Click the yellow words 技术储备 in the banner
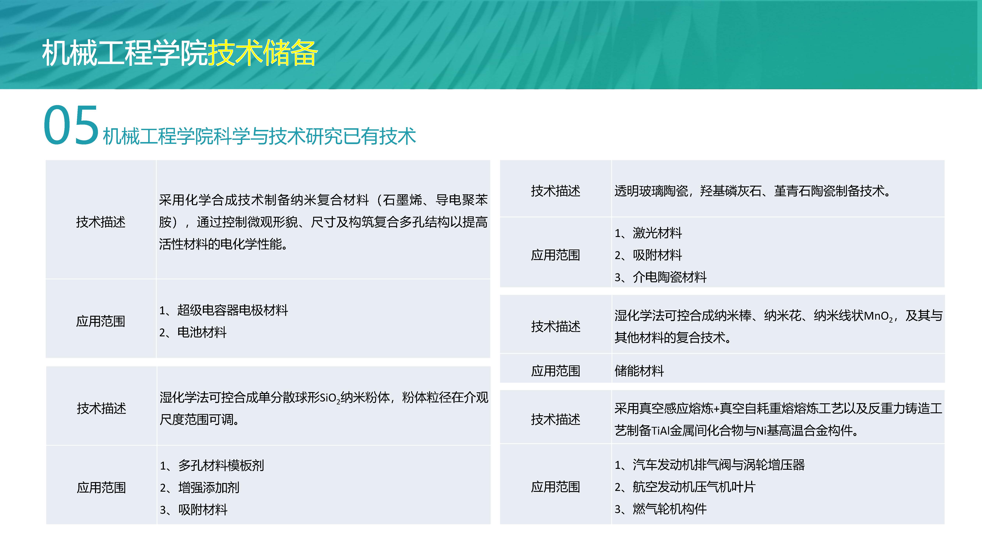pyautogui.click(x=262, y=53)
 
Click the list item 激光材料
pyautogui.click(x=657, y=233)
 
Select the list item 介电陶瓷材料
pyautogui.click(x=669, y=277)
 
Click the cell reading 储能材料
pyautogui.click(x=639, y=371)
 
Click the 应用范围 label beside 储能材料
pyautogui.click(x=555, y=371)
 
